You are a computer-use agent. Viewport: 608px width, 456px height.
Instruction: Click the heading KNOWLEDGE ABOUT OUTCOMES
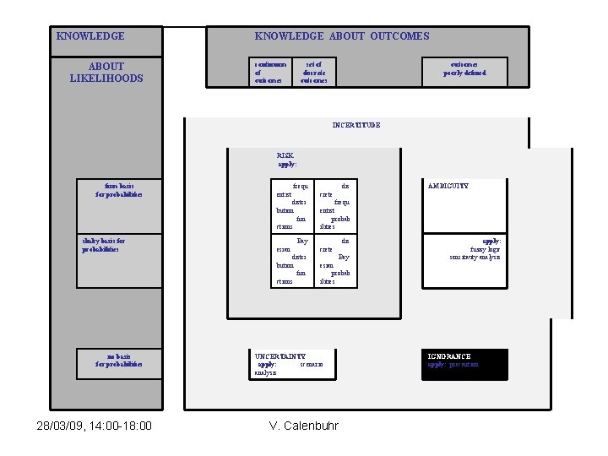click(x=342, y=36)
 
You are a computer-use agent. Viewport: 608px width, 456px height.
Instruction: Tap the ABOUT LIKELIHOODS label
click(x=106, y=73)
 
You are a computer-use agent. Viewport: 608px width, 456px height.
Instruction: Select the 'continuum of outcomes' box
click(x=271, y=72)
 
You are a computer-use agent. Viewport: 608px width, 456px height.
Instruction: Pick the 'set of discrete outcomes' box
click(x=313, y=72)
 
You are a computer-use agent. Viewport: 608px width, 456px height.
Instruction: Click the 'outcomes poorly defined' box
click(x=465, y=72)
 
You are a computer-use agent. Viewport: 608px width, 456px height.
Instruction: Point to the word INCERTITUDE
click(x=356, y=125)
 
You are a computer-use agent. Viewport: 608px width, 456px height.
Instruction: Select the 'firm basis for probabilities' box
click(x=119, y=190)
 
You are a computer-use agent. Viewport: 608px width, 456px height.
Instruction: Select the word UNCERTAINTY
click(x=280, y=357)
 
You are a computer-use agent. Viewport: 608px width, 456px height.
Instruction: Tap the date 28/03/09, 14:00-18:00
click(x=95, y=425)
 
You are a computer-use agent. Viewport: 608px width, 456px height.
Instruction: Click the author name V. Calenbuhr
click(x=303, y=425)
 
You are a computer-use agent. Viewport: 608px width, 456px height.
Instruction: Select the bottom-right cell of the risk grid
click(x=336, y=260)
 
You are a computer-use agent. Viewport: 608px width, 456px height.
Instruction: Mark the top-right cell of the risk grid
click(x=336, y=205)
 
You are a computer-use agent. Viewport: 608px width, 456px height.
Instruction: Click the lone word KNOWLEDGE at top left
click(x=90, y=36)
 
